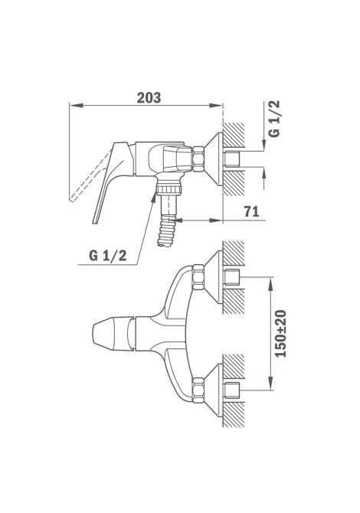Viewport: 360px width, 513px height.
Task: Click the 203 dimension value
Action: pos(149,98)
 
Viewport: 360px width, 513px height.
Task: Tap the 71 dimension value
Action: pos(251,211)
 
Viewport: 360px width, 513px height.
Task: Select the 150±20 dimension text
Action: pos(280,334)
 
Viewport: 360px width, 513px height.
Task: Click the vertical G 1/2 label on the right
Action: pos(274,119)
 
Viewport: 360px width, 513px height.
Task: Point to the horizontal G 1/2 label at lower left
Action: pos(108,255)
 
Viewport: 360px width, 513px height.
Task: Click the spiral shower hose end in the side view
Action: pos(167,231)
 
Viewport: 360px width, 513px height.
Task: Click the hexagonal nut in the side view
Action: pos(199,159)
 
